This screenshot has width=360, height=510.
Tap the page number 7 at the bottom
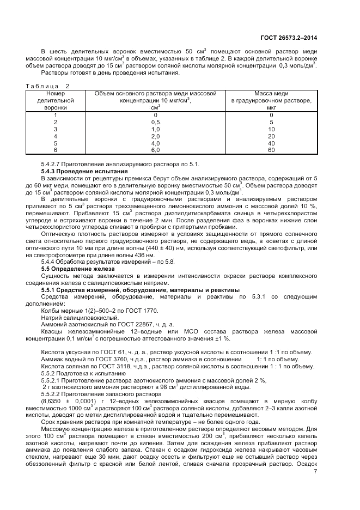[x=315, y=471]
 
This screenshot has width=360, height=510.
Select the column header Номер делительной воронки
[x=51, y=100]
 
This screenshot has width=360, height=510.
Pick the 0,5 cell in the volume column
[x=155, y=123]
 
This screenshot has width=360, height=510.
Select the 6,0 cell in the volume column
[x=155, y=150]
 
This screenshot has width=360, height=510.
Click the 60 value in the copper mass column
[x=271, y=150]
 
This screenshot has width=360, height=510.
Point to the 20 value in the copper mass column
[x=271, y=136]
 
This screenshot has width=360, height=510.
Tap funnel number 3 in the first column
[x=55, y=129]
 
